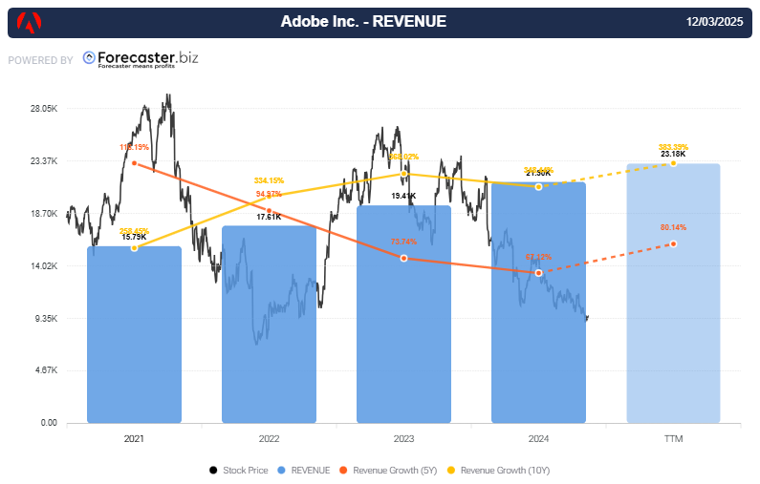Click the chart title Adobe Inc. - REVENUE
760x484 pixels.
pyautogui.click(x=363, y=22)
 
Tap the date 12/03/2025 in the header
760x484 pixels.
pyautogui.click(x=715, y=22)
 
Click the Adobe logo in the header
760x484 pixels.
pyautogui.click(x=30, y=22)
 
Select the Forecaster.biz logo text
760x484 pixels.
pyautogui.click(x=141, y=58)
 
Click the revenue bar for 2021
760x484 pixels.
pyautogui.click(x=134, y=334)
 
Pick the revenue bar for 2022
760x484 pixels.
pyautogui.click(x=269, y=325)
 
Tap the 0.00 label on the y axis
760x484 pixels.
pyautogui.click(x=48, y=423)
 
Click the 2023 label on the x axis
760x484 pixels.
pyautogui.click(x=403, y=438)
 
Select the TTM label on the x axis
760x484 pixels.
pyautogui.click(x=673, y=438)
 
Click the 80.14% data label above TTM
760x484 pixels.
pyautogui.click(x=673, y=228)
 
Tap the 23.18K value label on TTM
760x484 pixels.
pyautogui.click(x=673, y=154)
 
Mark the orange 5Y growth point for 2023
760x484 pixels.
pyautogui.click(x=403, y=259)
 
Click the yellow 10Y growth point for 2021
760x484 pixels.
pyautogui.click(x=134, y=248)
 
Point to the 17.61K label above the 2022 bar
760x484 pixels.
pyautogui.click(x=269, y=217)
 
